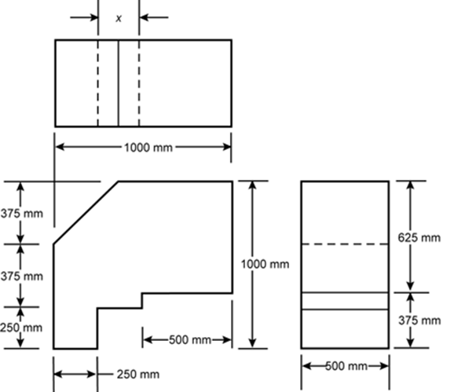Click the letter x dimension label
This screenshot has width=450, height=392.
tap(119, 19)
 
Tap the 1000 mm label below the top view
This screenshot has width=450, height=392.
tap(148, 148)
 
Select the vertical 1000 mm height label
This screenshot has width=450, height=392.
tap(265, 264)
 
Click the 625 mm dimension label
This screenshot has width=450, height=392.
tap(419, 237)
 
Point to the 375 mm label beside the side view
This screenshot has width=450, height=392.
tap(419, 321)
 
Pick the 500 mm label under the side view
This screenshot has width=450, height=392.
tap(346, 366)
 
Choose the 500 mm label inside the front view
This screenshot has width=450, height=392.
tap(190, 340)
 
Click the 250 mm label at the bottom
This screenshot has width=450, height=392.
tap(138, 374)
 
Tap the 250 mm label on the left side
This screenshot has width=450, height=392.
tap(21, 328)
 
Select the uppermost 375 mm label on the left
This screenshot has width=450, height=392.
tap(22, 214)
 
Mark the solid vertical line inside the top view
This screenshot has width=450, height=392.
tap(119, 83)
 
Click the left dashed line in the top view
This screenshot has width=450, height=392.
tap(98, 83)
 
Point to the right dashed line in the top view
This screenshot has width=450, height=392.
tap(139, 83)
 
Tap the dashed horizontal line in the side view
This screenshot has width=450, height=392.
tap(345, 244)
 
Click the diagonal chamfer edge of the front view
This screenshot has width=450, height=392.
tap(86, 213)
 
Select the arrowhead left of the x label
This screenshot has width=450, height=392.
tap(93, 17)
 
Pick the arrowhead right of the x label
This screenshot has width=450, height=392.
tap(145, 17)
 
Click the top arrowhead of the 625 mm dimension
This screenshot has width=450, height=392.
tap(411, 186)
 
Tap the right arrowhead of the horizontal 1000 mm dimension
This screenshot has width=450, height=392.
tap(226, 147)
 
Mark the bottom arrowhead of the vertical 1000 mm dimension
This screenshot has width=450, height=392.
tap(252, 343)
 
